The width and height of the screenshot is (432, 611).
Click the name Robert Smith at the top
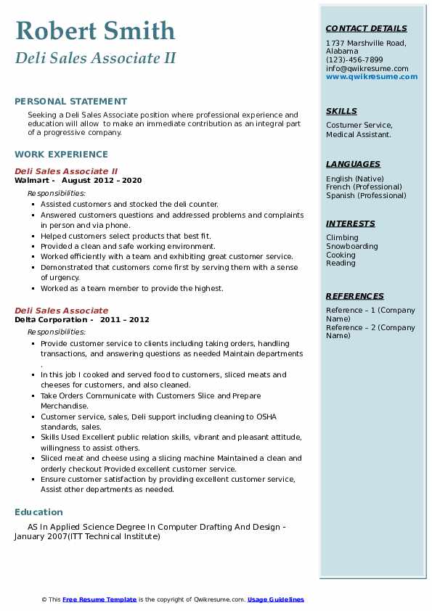pos(95,31)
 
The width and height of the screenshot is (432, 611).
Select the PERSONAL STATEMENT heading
pos(70,102)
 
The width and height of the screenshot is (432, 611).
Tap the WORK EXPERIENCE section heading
pos(61,155)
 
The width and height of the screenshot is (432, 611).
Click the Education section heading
pos(38,512)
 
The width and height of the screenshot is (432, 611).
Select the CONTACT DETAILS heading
pos(366,28)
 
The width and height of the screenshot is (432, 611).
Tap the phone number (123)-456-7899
pos(354,60)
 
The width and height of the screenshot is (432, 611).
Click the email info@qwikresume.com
pos(367,68)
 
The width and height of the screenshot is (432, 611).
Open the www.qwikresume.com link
pos(372,76)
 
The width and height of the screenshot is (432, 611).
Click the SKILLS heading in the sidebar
pos(341,111)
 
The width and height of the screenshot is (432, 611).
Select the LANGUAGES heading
pos(353,164)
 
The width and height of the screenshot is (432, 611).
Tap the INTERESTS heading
pos(351,224)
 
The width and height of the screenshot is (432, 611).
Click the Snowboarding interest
pos(351,246)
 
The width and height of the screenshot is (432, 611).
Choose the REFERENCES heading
pos(355,296)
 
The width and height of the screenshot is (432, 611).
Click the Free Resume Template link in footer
pos(99,599)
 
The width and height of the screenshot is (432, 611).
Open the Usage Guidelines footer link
pos(275,599)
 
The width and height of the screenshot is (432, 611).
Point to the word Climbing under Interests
pos(342,237)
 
